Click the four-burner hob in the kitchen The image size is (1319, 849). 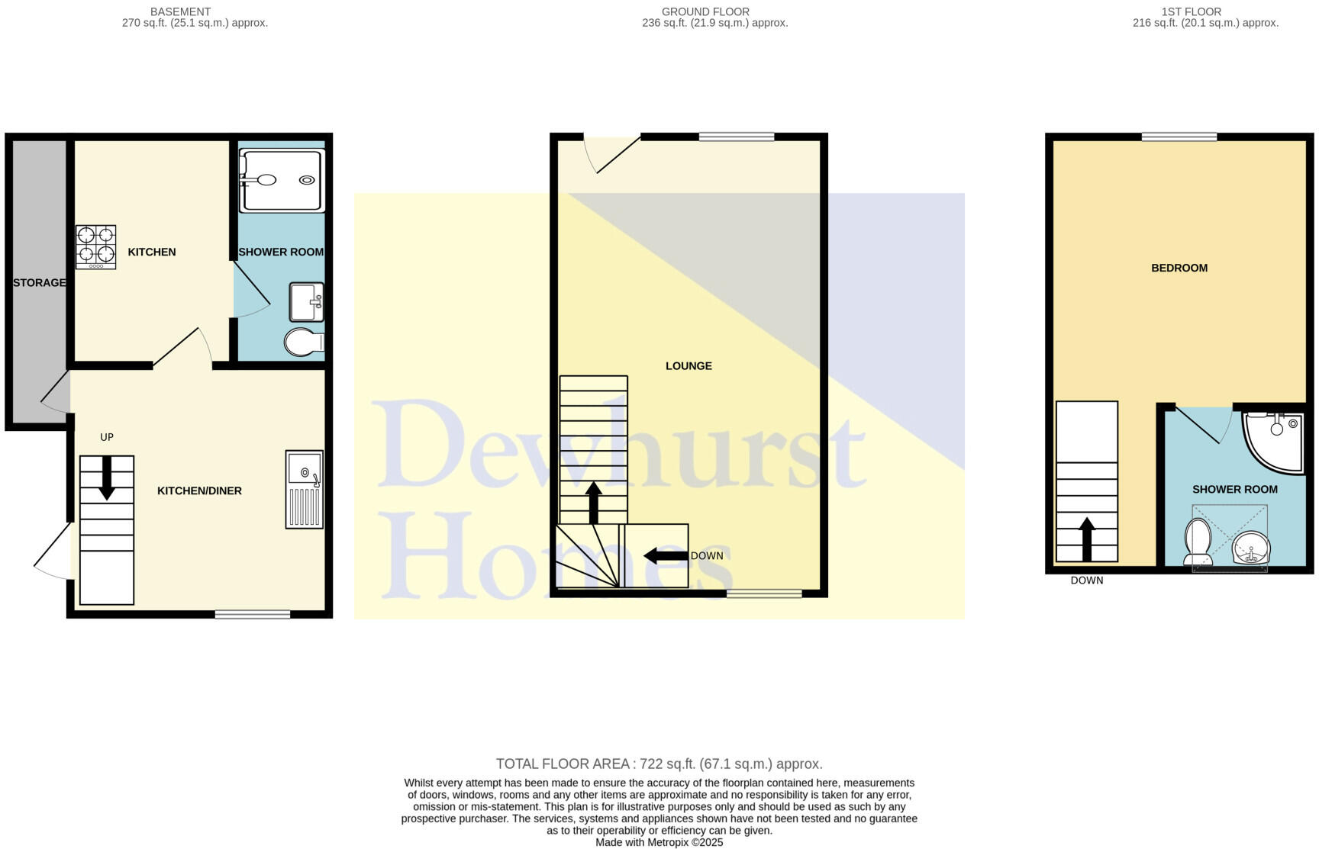click(95, 246)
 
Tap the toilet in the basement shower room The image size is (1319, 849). click(303, 342)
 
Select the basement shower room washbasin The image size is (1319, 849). click(306, 303)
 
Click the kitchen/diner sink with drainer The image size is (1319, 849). click(305, 489)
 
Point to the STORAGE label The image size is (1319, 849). click(39, 283)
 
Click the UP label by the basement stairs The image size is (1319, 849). click(107, 437)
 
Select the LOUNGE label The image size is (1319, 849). click(689, 366)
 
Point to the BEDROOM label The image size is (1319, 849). click(1179, 268)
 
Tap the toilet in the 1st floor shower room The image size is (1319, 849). click(1197, 542)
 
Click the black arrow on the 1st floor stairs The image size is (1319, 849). click(1087, 538)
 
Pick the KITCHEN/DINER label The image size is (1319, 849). click(199, 491)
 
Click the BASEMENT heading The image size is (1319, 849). click(180, 11)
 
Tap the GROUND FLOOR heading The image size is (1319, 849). click(705, 11)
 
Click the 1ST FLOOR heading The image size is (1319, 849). click(1191, 11)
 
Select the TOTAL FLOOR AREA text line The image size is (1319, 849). click(659, 764)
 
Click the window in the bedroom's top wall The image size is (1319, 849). click(1179, 137)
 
